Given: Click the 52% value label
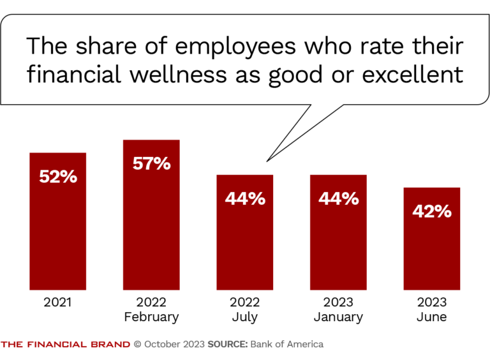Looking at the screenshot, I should [58, 177].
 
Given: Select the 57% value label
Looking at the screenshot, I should [151, 163].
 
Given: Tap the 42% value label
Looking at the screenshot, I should [432, 211].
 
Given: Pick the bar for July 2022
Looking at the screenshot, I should [245, 249].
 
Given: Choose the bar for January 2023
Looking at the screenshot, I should [338, 249].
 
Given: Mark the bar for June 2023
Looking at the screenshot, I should [432, 255].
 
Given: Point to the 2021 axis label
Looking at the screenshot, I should [58, 303].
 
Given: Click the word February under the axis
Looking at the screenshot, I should [151, 317].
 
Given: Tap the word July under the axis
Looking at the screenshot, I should [245, 317].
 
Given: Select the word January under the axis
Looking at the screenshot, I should [338, 317].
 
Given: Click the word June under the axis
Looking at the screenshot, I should [432, 317].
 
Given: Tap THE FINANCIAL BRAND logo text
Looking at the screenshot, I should [66, 344].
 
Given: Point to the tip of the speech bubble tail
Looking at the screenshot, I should [267, 160].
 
